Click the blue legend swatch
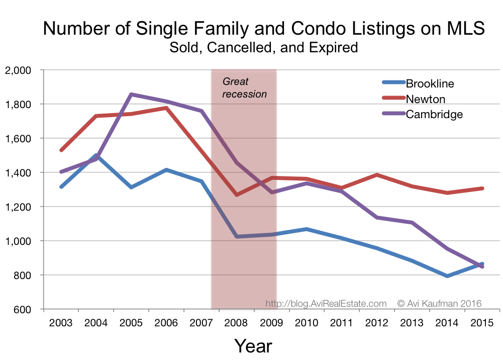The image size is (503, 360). coord(393,82)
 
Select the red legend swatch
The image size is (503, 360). coord(393,98)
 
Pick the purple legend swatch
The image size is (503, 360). coord(393,113)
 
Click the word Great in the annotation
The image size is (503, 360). coord(236,82)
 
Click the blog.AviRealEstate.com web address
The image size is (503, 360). coord(326,304)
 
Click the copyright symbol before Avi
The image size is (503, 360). coord(401,304)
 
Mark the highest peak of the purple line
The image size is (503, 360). coord(131,94)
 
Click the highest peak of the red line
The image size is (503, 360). coord(166,107)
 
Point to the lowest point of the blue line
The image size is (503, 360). coord(447,276)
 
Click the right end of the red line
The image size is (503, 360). coord(482,189)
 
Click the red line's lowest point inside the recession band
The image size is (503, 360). coord(237,195)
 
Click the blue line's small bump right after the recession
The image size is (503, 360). coord(307,229)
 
